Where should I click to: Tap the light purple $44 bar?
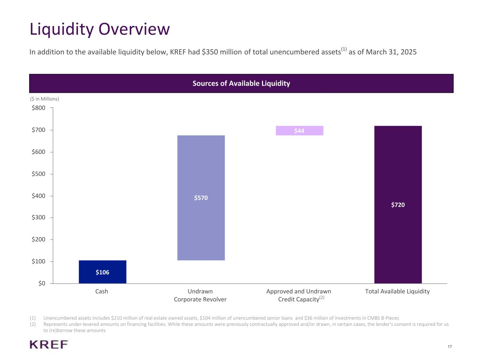click(299, 131)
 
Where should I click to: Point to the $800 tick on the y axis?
click(39, 108)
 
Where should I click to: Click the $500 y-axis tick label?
click(39, 174)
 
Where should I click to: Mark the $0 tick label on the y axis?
click(41, 284)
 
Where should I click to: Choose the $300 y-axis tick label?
click(39, 218)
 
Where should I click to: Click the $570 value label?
click(201, 198)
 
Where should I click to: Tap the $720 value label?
click(398, 205)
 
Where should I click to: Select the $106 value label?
click(102, 272)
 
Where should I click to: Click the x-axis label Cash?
click(102, 291)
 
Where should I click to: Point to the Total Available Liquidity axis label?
click(397, 291)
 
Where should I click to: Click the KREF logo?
click(49, 345)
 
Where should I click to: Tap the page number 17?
click(450, 347)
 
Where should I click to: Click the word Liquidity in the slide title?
click(61, 29)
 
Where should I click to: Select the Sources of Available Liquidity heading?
click(241, 83)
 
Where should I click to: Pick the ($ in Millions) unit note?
click(44, 99)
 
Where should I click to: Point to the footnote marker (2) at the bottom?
click(33, 324)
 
